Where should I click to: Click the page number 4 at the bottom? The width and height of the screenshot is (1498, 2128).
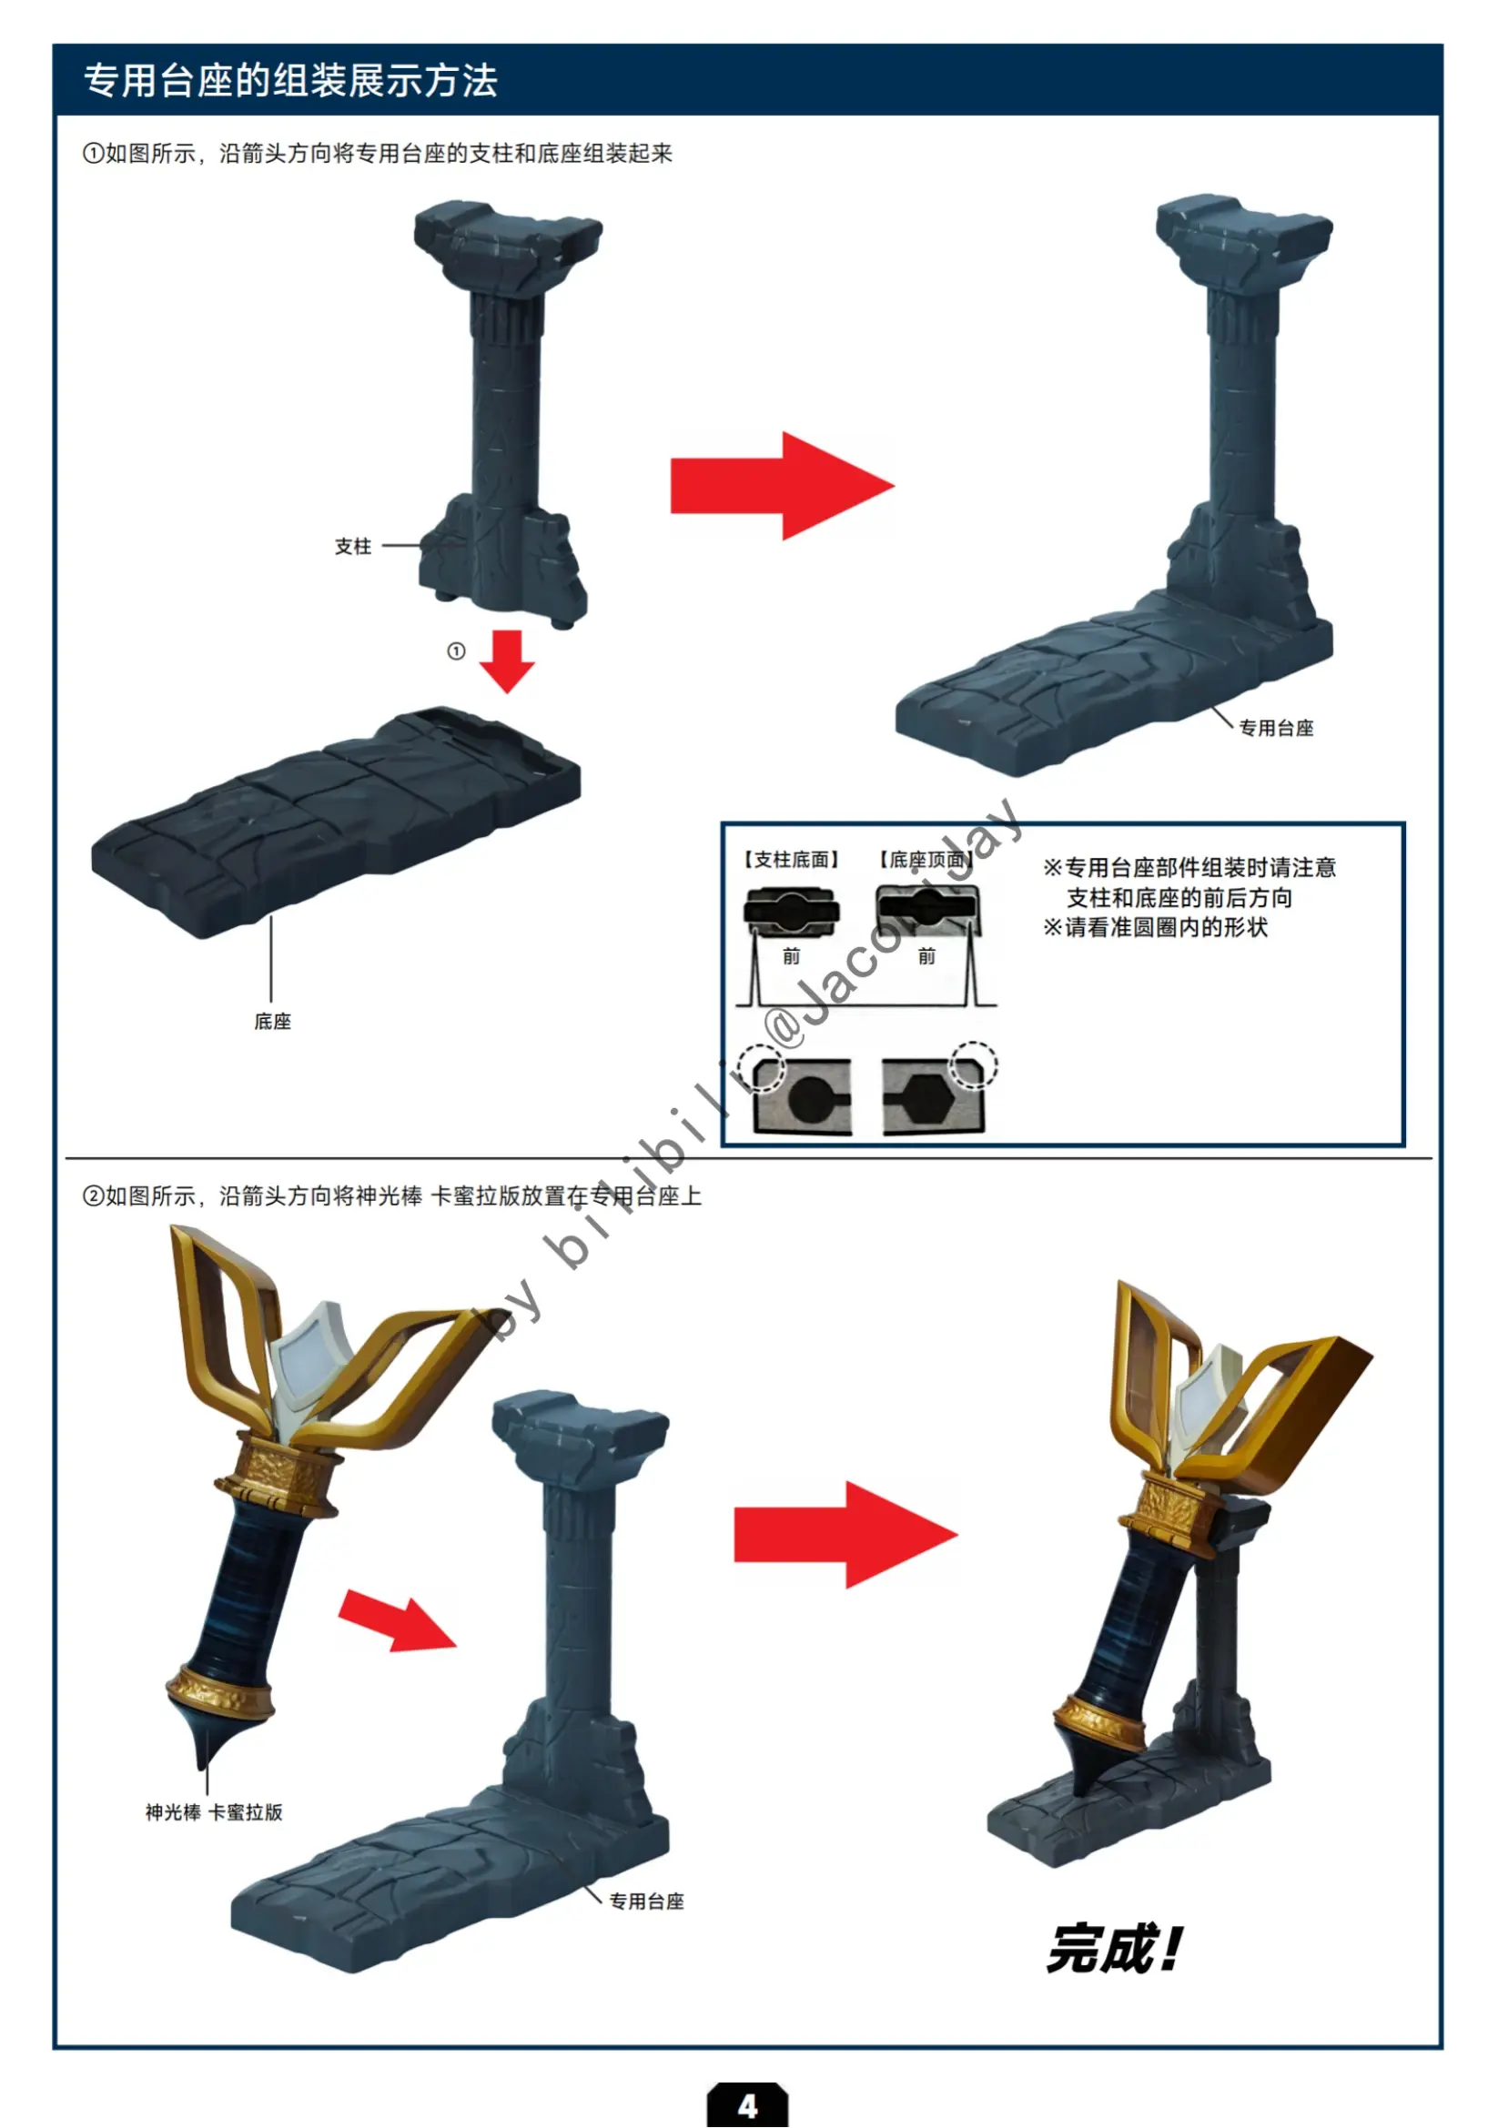coord(747,2105)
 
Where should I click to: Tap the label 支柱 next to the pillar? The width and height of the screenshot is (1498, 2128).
coord(352,546)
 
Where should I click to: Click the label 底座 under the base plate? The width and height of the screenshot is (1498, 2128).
coord(272,1022)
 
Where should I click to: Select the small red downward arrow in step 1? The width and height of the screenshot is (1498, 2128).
coord(507,661)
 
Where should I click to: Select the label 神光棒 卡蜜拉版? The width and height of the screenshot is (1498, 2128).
coord(213,1812)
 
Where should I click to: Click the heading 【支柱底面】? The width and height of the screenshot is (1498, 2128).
coord(791,859)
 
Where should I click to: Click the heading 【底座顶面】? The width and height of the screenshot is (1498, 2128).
coord(926,859)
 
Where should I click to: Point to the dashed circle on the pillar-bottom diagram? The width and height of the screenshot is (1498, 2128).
coord(761,1068)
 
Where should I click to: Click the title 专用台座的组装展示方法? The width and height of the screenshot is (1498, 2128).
coord(291,81)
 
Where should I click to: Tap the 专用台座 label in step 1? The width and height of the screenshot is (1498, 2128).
coord(1276,728)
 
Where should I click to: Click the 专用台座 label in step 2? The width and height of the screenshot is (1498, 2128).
coord(646,1901)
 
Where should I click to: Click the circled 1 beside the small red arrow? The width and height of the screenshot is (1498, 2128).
coord(455,651)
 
